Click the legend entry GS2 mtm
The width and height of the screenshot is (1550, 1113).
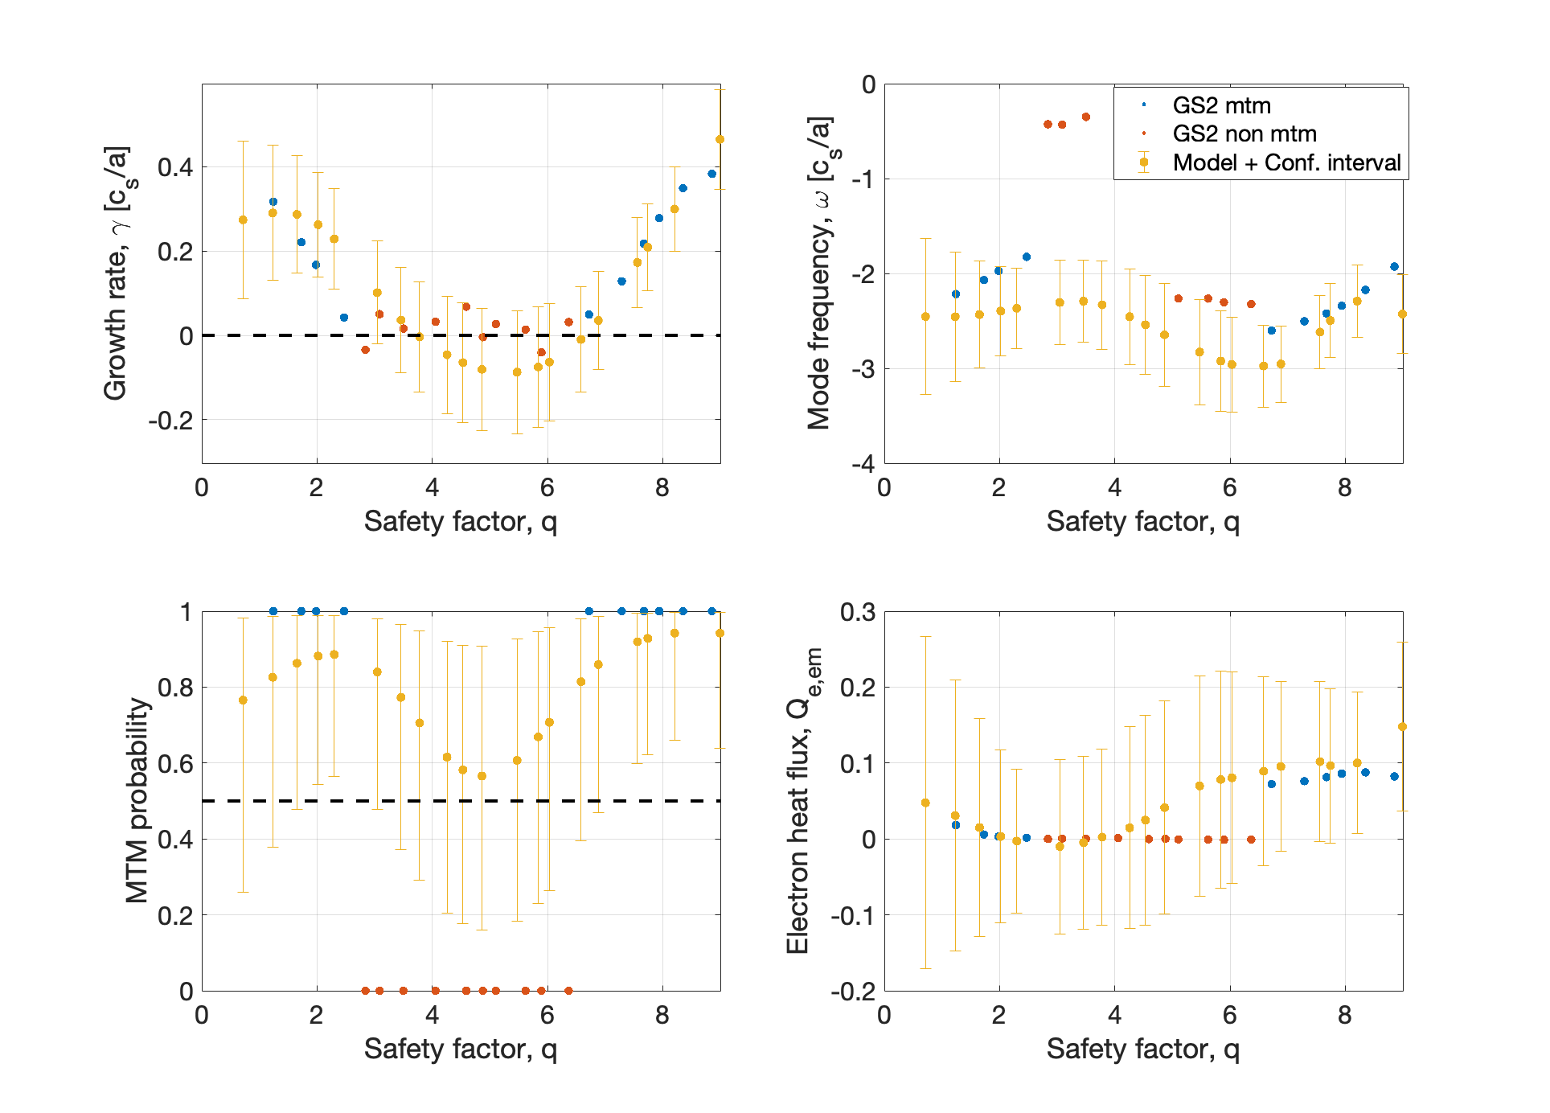tap(1221, 105)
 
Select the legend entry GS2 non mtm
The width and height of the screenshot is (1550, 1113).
tap(1244, 133)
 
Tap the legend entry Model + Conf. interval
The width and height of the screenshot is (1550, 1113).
tap(1286, 162)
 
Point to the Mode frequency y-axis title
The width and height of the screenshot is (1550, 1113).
tap(821, 273)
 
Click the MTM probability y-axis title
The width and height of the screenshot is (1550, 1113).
tap(137, 800)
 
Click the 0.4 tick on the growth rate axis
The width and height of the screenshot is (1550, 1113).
tap(175, 167)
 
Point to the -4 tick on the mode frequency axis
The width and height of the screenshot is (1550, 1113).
tap(864, 464)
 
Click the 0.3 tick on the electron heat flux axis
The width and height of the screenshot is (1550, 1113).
tap(858, 612)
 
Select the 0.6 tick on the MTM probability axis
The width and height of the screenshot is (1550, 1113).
tap(175, 763)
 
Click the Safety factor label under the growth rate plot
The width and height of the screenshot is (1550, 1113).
tap(460, 522)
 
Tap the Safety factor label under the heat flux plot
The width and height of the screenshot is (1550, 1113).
tap(1142, 1049)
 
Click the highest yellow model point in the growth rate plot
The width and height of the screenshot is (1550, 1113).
tap(720, 139)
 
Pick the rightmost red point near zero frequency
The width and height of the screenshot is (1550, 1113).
tap(1085, 117)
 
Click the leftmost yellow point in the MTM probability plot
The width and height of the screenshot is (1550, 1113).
tap(243, 700)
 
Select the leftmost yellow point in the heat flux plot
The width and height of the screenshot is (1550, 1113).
tap(925, 803)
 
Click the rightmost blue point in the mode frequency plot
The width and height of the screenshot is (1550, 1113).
tap(1394, 267)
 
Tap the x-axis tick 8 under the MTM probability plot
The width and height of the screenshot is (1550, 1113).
tap(662, 1016)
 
